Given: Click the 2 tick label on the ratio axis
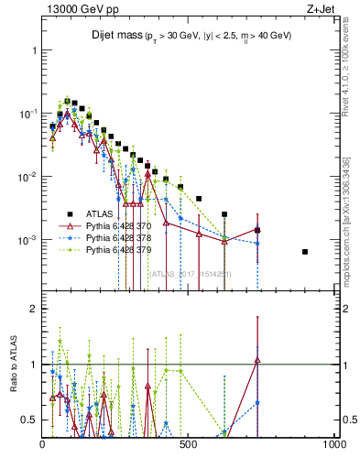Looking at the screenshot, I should pyautogui.click(x=32, y=309).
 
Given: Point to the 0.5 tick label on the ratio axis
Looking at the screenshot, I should pyautogui.click(x=28, y=420).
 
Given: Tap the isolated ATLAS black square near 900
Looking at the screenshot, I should pyautogui.click(x=305, y=252).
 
